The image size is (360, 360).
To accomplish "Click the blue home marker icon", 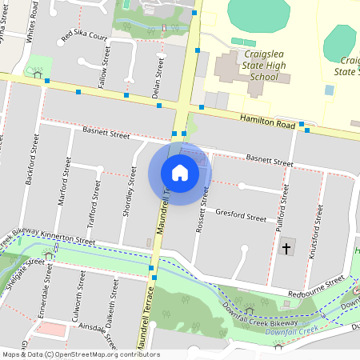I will click(180, 172).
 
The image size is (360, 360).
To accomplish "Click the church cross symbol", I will click(286, 249).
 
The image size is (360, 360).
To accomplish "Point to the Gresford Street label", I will click(241, 215).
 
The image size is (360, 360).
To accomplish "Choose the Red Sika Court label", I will click(84, 36).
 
